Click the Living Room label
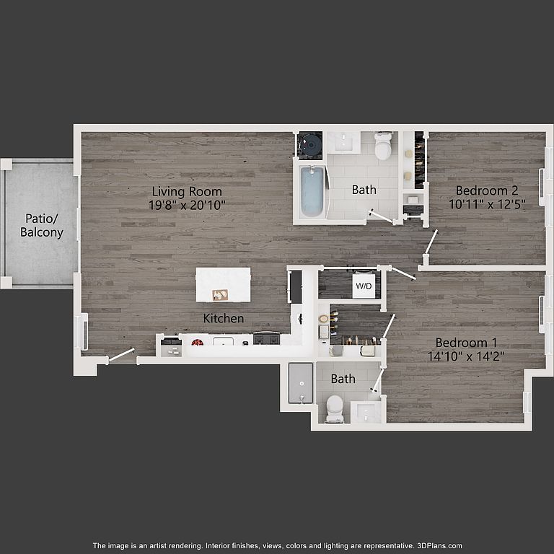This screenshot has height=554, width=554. (187, 191)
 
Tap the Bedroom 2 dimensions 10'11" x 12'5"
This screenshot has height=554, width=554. (487, 204)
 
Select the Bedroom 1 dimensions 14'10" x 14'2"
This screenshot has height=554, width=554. (466, 356)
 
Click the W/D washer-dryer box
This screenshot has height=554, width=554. (364, 285)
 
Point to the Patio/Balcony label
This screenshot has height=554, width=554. (41, 225)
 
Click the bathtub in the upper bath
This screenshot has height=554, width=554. (312, 191)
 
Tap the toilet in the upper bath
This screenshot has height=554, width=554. (383, 146)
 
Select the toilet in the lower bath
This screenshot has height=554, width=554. (335, 409)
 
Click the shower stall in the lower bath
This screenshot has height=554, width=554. (301, 383)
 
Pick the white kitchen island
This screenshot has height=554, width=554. (224, 285)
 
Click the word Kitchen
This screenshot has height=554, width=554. (224, 318)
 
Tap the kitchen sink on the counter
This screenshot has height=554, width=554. (223, 342)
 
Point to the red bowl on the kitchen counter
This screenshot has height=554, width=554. (198, 342)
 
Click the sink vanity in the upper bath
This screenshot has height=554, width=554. (343, 143)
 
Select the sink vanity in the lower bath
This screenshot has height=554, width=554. (366, 412)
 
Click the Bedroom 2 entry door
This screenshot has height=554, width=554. (431, 242)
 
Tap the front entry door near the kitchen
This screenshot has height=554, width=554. (121, 355)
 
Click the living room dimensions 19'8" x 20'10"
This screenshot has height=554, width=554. (187, 205)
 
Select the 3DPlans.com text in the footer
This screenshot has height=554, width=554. (439, 545)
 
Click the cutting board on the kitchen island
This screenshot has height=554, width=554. (220, 294)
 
